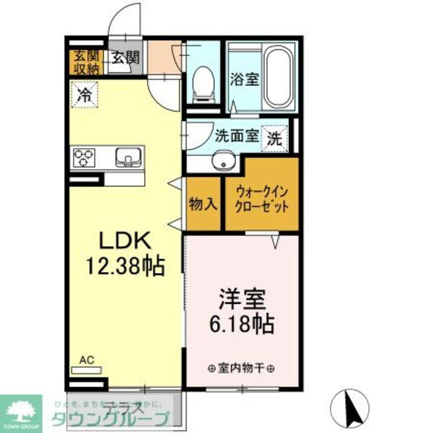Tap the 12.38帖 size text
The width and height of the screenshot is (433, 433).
pyautogui.click(x=124, y=266)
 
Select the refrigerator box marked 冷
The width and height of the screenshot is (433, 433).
pyautogui.click(x=85, y=94)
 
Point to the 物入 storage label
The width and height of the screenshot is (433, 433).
pyautogui.click(x=203, y=204)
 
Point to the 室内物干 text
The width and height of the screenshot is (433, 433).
pyautogui.click(x=241, y=368)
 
